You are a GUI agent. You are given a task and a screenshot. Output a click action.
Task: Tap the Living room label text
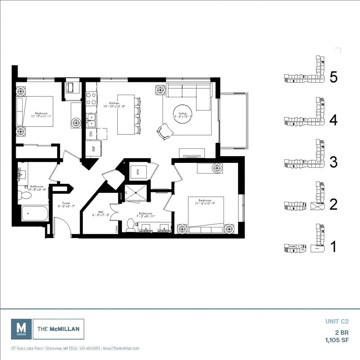pyautogui.click(x=182, y=114)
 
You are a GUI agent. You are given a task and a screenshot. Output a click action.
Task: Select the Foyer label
pyautogui.click(x=66, y=203)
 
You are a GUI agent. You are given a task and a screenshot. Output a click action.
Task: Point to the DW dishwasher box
pyautogui.click(x=91, y=134)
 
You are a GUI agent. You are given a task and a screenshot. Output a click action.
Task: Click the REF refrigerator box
pyautogui.click(x=93, y=149)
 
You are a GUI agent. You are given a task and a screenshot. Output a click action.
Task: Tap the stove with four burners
pyautogui.click(x=91, y=99)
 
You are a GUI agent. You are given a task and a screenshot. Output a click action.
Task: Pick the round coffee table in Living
pyautogui.click(x=182, y=114)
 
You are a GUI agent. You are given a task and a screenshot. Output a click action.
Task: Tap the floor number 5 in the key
pyautogui.click(x=334, y=77)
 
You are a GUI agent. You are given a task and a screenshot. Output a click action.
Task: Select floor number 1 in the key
pyautogui.click(x=334, y=247)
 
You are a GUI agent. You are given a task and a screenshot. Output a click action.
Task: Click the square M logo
pyautogui.click(x=21, y=329)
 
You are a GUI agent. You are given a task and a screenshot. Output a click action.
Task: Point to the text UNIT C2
pyautogui.click(x=337, y=322)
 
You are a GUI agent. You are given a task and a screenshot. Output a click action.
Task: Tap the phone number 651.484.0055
pyautogui.click(x=90, y=348)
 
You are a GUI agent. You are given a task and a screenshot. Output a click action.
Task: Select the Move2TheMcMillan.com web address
pyautogui.click(x=121, y=348)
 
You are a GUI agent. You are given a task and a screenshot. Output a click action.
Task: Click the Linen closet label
pyautogui.click(x=117, y=228)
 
